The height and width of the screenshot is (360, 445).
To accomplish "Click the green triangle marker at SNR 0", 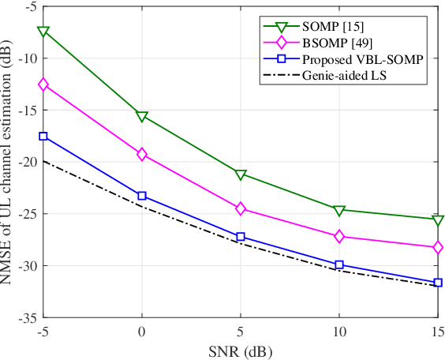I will tap(142, 117).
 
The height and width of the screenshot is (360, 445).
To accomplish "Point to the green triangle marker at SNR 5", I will tap(241, 174).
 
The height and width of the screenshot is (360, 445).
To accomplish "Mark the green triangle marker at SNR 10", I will tap(339, 210).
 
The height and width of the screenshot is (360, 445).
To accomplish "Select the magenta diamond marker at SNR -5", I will tap(43, 84).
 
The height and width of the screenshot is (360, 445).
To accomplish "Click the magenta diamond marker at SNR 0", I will tap(142, 155).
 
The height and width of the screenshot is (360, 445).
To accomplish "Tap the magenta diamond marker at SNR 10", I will tap(339, 236).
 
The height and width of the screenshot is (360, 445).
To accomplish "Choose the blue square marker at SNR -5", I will tap(43, 137).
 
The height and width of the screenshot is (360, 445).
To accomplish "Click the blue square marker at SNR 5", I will tap(241, 237).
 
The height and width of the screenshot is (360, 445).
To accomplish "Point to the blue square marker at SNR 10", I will tap(339, 265).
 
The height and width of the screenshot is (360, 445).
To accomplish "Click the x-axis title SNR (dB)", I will tap(241, 350).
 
